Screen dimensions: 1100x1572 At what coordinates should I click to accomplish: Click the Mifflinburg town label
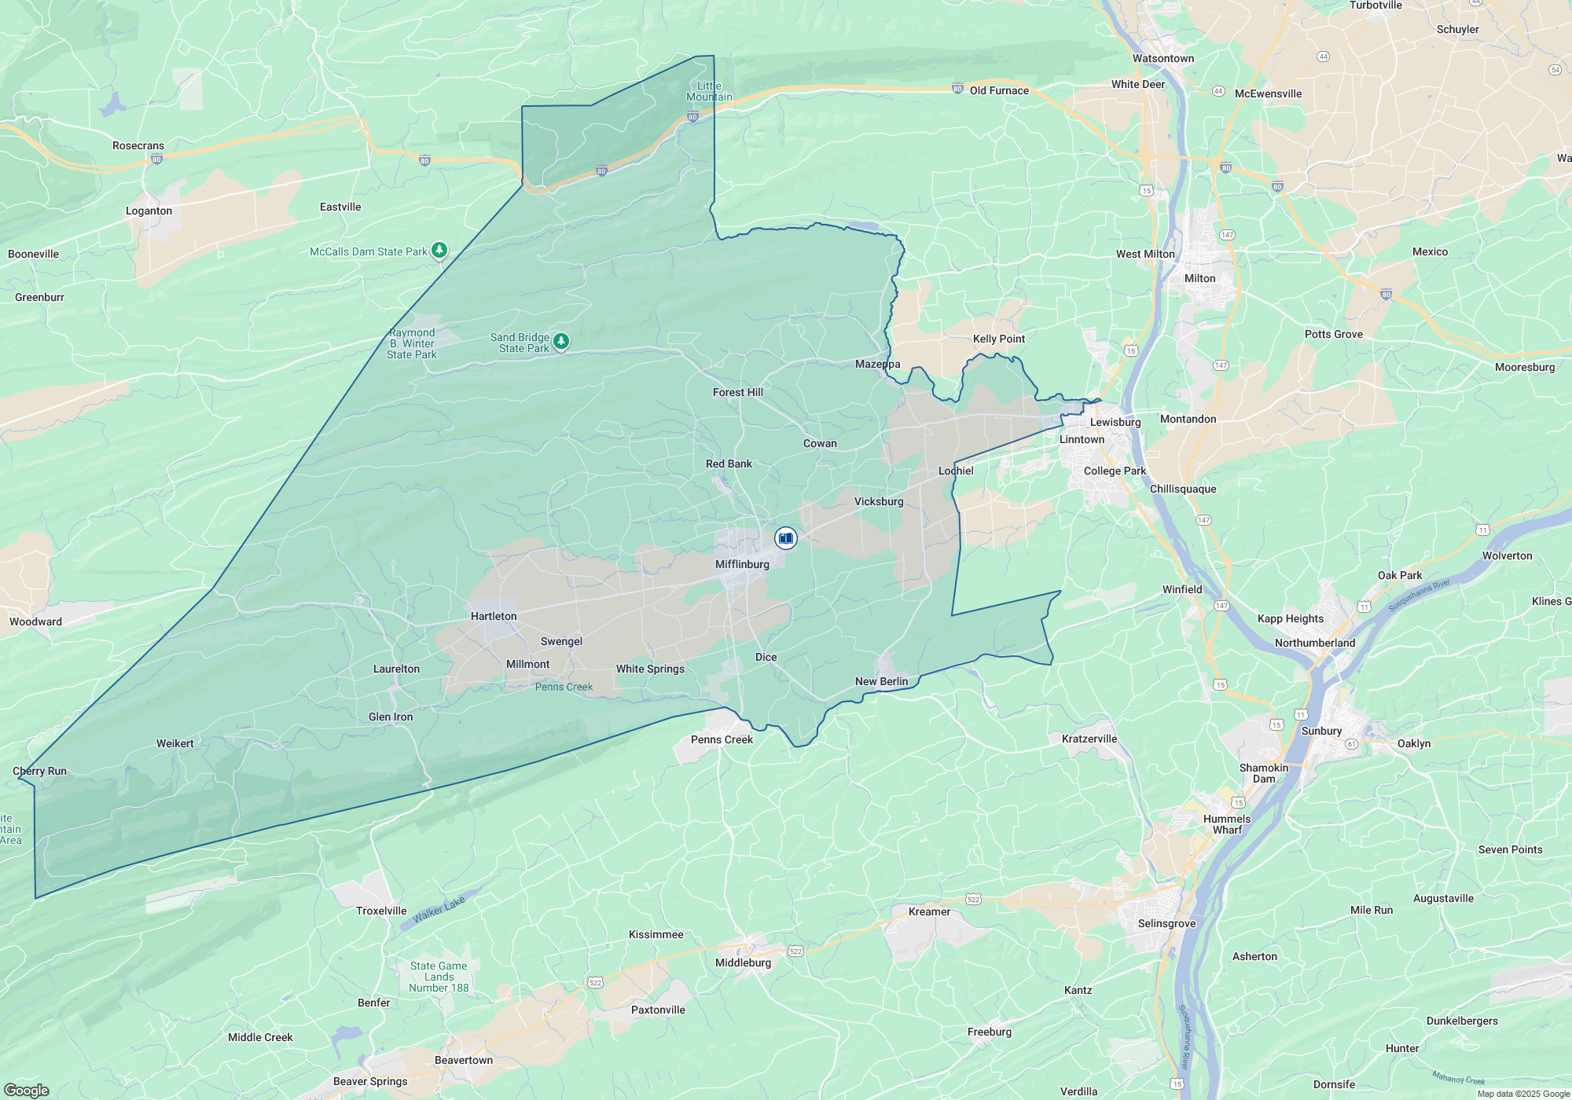(742, 564)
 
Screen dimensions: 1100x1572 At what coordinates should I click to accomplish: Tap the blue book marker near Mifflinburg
(785, 538)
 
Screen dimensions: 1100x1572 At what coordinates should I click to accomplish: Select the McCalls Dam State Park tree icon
(439, 251)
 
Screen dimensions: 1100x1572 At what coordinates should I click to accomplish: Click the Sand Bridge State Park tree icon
(560, 341)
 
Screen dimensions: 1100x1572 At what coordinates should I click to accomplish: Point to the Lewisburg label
(1115, 422)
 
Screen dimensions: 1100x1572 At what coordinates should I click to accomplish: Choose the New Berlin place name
(881, 681)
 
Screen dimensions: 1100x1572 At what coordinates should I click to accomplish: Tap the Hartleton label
(494, 616)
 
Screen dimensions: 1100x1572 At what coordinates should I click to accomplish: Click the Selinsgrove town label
(1166, 923)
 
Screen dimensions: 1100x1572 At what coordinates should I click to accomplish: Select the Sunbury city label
(1321, 731)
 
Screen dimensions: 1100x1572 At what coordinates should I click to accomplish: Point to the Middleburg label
(743, 962)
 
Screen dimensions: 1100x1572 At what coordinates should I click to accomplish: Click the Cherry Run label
(39, 771)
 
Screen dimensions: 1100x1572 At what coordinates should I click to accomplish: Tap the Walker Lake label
(439, 909)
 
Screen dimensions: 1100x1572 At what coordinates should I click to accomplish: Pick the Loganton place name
(149, 211)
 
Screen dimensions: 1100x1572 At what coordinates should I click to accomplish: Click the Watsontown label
(1162, 58)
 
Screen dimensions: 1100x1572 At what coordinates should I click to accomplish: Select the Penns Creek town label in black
(722, 739)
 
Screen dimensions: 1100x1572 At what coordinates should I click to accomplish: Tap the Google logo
(26, 1090)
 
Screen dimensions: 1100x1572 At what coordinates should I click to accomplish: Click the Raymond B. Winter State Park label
(412, 343)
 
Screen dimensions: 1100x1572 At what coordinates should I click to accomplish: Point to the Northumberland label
(1314, 643)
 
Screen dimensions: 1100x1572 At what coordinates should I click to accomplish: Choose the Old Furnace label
(999, 90)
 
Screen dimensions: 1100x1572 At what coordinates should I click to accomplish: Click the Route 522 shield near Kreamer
(973, 899)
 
